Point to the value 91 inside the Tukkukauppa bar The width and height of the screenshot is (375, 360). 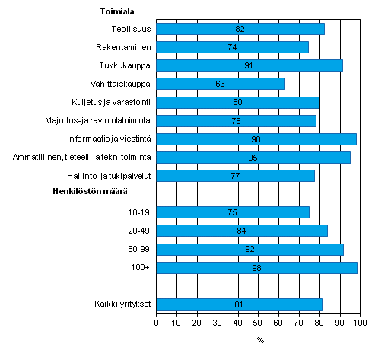coord(249,65)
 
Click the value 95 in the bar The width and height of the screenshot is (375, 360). coord(253,158)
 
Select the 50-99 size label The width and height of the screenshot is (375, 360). coord(139,249)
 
